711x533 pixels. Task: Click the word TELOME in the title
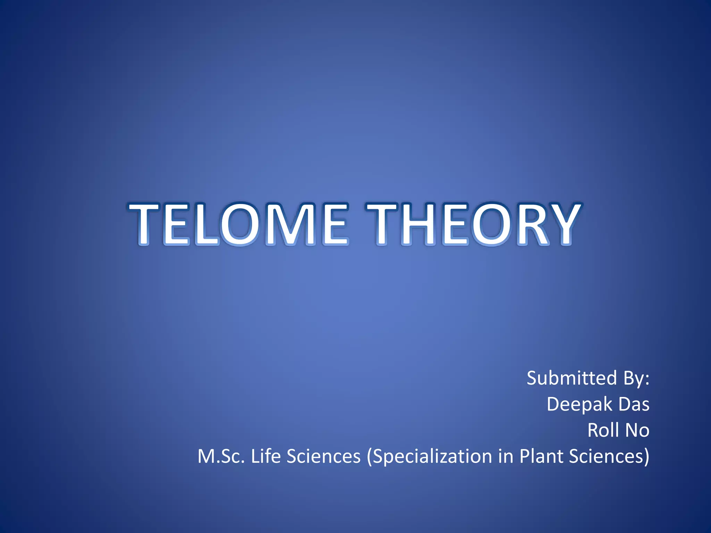pos(239,224)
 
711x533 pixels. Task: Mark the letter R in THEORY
pos(529,224)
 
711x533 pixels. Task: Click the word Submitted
pos(571,378)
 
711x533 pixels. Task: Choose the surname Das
pos(634,404)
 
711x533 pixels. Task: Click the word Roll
pos(603,430)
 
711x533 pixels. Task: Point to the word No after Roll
pos(637,430)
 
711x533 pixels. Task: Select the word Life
pos(266,456)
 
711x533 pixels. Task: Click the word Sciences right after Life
pos(324,456)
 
